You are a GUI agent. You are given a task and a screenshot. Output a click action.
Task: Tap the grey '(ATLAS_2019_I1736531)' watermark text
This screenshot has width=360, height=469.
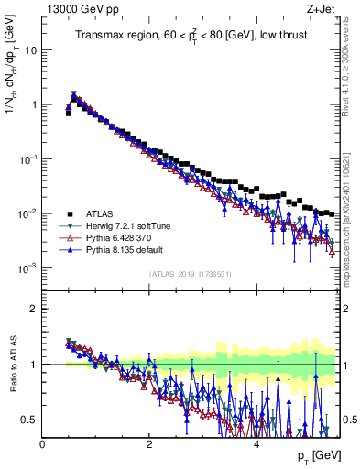[191, 274]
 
